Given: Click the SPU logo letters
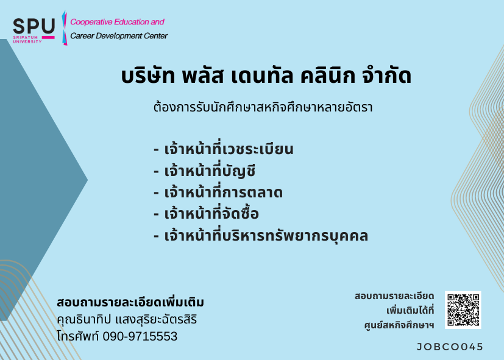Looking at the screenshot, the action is click(34, 26).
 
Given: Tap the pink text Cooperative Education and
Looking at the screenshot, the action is click(118, 22).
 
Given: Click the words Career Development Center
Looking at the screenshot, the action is click(119, 36).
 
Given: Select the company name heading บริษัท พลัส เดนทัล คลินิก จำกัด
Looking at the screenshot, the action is click(266, 76).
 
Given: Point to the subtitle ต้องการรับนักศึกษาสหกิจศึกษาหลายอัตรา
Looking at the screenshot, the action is click(263, 107).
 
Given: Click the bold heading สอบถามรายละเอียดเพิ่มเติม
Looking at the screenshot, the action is click(130, 302).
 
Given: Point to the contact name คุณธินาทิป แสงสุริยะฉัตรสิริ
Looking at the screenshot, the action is click(127, 319).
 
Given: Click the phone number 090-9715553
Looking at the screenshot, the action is click(140, 336).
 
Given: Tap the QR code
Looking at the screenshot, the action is click(463, 310).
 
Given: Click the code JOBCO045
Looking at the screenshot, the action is click(450, 347).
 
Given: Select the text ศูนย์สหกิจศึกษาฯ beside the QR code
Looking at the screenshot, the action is click(399, 325).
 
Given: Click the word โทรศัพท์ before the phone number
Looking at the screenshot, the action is click(78, 336).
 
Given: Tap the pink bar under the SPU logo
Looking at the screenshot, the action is click(48, 38).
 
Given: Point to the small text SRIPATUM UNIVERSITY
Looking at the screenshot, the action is click(27, 40).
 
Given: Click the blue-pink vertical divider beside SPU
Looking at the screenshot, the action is click(64, 28).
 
